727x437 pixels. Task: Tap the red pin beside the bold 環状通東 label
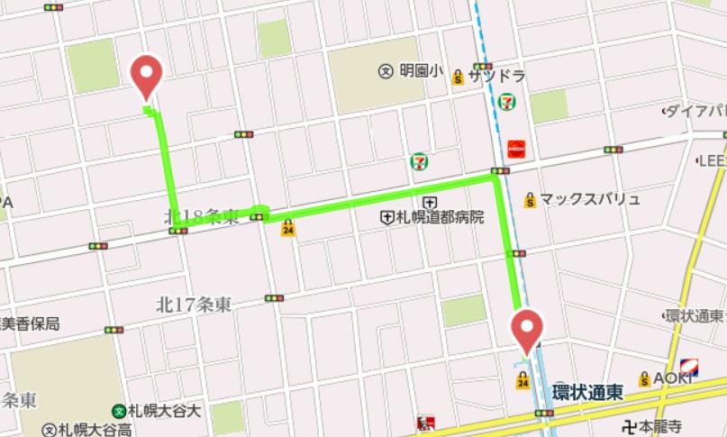[x=527, y=329]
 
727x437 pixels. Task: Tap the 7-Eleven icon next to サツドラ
[x=508, y=101]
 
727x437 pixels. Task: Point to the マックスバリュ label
[x=590, y=199]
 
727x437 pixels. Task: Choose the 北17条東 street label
[x=193, y=305]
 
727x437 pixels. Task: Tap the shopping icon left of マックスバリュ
[x=531, y=200]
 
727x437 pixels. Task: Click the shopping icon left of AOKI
[x=644, y=379]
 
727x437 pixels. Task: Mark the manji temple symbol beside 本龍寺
[x=630, y=426]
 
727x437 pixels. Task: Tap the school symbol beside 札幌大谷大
[x=118, y=410]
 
